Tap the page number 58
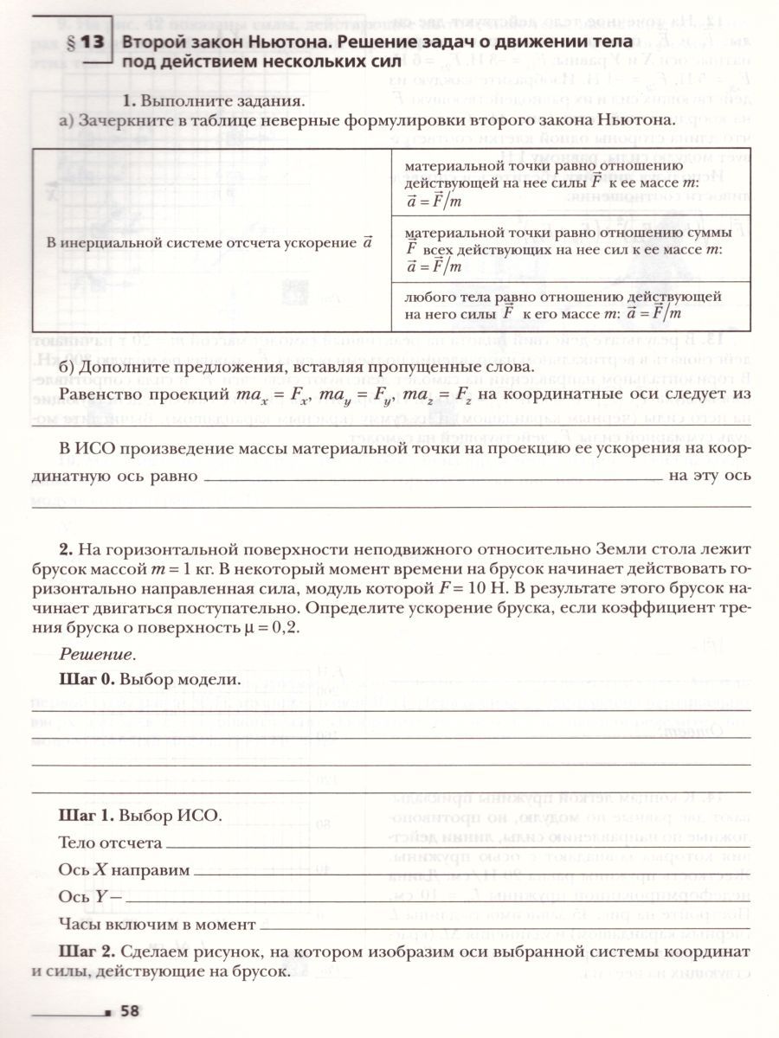point(130,1009)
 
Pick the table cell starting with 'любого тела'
point(570,305)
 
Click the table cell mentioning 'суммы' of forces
point(570,249)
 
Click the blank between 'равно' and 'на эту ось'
point(433,477)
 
